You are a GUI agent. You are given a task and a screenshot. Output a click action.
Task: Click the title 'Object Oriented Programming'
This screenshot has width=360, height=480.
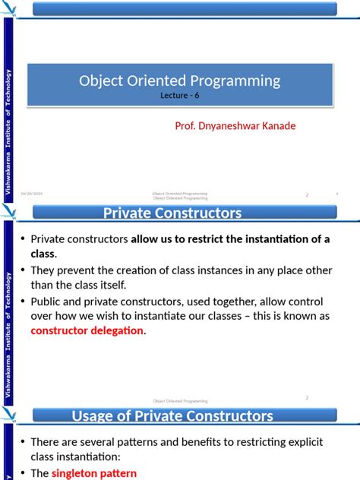click(x=180, y=81)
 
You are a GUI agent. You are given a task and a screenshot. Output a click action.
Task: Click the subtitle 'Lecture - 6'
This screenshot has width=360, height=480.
click(x=180, y=96)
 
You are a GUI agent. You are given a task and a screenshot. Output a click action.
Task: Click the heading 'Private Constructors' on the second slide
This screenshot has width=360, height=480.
click(x=172, y=213)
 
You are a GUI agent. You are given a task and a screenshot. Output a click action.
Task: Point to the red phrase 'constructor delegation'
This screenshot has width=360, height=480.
click(x=87, y=330)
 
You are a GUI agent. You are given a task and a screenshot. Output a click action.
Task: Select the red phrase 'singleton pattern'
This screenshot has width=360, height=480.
click(x=98, y=473)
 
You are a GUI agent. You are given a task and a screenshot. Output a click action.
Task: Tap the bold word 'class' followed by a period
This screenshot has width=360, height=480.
click(x=43, y=254)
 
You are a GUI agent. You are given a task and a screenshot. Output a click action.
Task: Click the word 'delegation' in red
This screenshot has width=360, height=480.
click(x=117, y=330)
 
